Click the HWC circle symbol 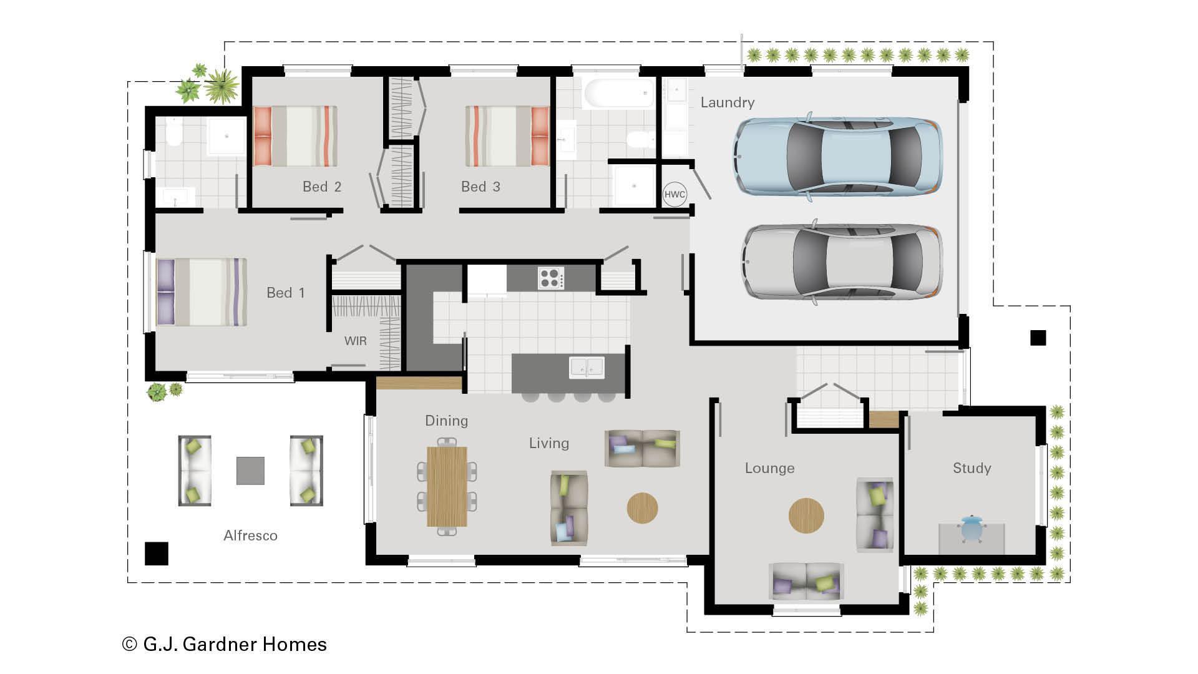click(x=674, y=194)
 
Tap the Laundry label click(x=727, y=102)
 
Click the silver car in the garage click(x=842, y=261)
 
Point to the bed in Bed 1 click(x=202, y=292)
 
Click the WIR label click(x=355, y=341)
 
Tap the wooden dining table click(x=447, y=486)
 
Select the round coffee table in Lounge click(x=806, y=515)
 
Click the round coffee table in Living click(x=642, y=508)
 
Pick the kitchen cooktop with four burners click(x=551, y=278)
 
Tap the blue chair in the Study click(x=972, y=529)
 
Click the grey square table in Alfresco click(x=250, y=471)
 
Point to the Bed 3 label click(x=480, y=187)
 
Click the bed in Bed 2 click(x=296, y=136)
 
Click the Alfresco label click(x=250, y=535)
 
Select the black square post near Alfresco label click(x=156, y=553)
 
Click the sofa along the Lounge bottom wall click(x=806, y=582)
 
